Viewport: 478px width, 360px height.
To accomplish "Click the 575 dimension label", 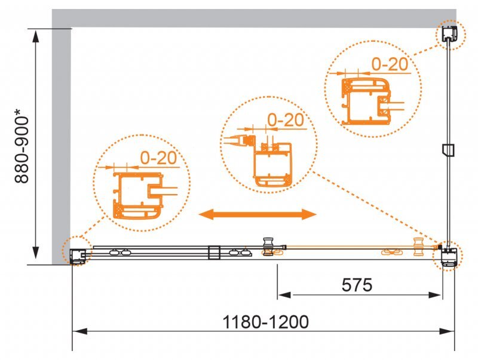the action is click(x=357, y=285).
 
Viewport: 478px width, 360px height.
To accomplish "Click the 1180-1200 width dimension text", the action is click(x=265, y=322).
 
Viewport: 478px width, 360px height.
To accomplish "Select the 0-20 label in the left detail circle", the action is click(x=158, y=158).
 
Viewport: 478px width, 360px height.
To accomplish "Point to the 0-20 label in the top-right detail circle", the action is click(x=390, y=64).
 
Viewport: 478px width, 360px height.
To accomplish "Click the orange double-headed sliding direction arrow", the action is click(x=258, y=214).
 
